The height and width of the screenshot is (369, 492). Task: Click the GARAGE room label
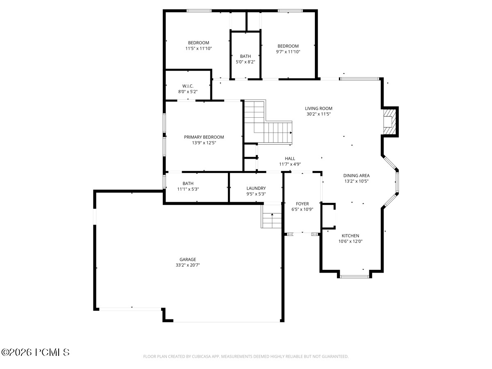click(188, 259)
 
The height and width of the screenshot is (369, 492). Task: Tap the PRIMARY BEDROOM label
click(204, 137)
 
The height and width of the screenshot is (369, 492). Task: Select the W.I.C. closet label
click(188, 86)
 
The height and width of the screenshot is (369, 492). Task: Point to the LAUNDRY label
click(256, 188)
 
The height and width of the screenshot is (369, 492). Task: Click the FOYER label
click(302, 204)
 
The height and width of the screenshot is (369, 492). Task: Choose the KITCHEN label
click(350, 235)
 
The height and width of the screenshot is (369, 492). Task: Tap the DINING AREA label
click(356, 175)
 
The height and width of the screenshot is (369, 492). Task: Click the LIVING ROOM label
click(319, 108)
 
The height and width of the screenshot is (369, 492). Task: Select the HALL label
click(290, 158)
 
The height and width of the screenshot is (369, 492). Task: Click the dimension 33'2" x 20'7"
click(188, 265)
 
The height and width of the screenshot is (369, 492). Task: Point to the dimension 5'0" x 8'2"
click(245, 62)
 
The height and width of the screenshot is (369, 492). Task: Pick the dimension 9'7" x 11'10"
click(288, 52)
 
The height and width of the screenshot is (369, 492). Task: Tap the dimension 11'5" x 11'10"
click(198, 48)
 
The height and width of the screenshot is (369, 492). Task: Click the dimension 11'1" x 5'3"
click(188, 189)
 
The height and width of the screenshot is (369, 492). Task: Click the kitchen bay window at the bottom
click(354, 276)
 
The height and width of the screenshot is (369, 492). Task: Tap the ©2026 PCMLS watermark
click(35, 353)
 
